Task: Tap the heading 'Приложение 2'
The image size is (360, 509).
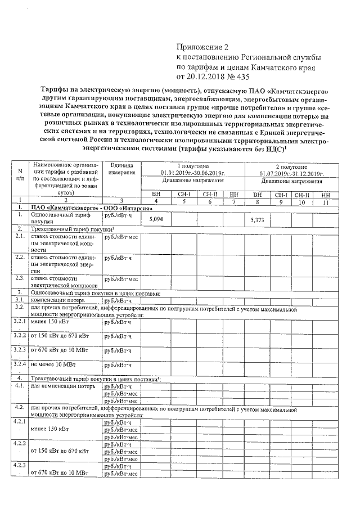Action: point(203,48)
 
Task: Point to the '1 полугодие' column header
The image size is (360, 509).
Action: point(193,167)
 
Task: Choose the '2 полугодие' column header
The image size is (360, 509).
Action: point(291,167)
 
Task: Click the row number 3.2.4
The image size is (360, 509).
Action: point(20,363)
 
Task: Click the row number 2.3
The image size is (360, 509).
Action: point(19,278)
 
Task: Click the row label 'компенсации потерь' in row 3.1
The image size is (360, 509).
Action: point(57,300)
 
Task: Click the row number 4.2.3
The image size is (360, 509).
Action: point(20,467)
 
